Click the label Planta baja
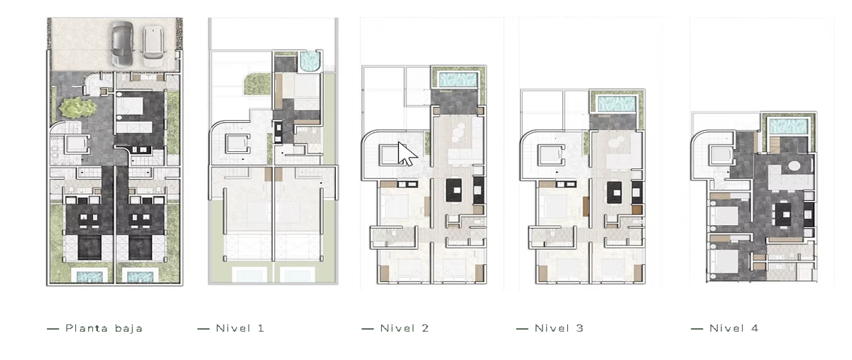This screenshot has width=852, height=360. pyautogui.click(x=104, y=329)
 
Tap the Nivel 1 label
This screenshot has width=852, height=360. pyautogui.click(x=240, y=329)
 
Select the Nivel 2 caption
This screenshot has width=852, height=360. pyautogui.click(x=404, y=329)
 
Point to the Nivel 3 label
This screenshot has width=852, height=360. pyautogui.click(x=559, y=329)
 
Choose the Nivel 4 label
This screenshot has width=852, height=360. pyautogui.click(x=733, y=329)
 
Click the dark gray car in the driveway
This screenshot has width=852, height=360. pyautogui.click(x=122, y=43)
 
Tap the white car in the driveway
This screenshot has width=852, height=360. pyautogui.click(x=153, y=45)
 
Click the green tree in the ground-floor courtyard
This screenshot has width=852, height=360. pyautogui.click(x=77, y=107)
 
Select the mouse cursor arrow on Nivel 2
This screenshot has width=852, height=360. pyautogui.click(x=406, y=153)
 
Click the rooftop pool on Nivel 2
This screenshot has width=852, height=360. pyautogui.click(x=459, y=80)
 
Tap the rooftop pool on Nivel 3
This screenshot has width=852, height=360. pyautogui.click(x=616, y=104)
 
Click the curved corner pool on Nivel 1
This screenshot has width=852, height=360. pyautogui.click(x=310, y=62)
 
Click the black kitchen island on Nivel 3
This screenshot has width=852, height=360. pyautogui.click(x=614, y=192)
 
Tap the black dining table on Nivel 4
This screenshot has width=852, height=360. pyautogui.click(x=782, y=214)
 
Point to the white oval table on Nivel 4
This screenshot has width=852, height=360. pyautogui.click(x=794, y=166)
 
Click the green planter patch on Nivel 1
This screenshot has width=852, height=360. pyautogui.click(x=257, y=84)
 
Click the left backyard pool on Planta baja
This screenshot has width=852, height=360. pyautogui.click(x=89, y=276)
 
